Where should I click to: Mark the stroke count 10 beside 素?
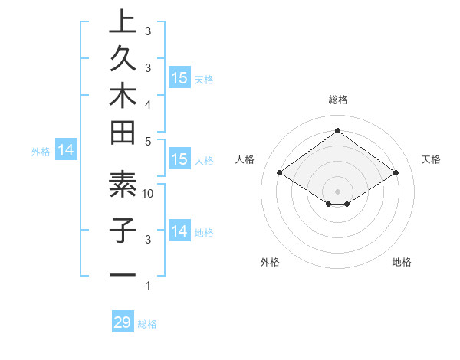click(x=148, y=193)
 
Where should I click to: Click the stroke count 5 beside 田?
click(x=148, y=140)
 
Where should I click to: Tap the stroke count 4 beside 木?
click(x=148, y=103)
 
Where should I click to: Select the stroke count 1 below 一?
click(x=148, y=286)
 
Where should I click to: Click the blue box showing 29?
click(x=123, y=322)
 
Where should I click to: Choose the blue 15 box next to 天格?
click(x=179, y=78)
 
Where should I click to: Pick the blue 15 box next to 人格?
click(x=179, y=160)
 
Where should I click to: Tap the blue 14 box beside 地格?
click(x=179, y=231)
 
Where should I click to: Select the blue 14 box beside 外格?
click(x=66, y=151)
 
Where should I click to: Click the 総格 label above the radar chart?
click(x=338, y=100)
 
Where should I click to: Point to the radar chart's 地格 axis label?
click(x=402, y=262)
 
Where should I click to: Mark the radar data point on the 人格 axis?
click(x=280, y=173)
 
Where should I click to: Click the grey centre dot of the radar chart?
click(x=338, y=191)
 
